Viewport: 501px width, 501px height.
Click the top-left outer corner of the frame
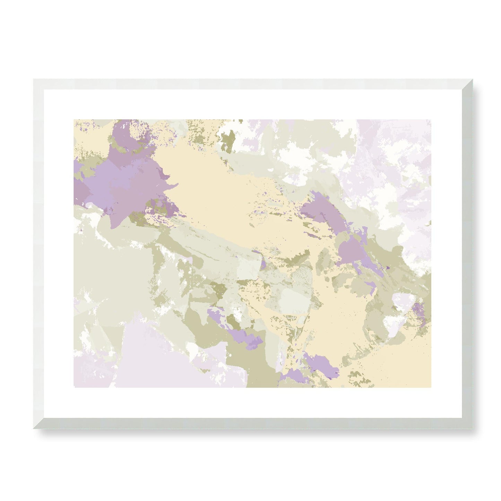[x=33, y=79]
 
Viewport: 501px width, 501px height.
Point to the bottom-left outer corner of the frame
[x=33, y=429]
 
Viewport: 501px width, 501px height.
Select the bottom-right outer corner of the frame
[x=473, y=429]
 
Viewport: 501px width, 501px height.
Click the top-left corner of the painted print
[x=74, y=120]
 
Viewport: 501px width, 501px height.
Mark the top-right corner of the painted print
[x=431, y=120]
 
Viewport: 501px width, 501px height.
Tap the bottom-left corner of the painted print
[x=74, y=387]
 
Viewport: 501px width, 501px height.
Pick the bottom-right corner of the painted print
[x=431, y=387]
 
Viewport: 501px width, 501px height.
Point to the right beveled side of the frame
[x=468, y=253]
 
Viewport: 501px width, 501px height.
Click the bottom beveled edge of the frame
[x=253, y=424]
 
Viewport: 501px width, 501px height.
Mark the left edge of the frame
[x=38, y=253]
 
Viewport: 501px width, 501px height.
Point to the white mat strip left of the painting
[x=59, y=253]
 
